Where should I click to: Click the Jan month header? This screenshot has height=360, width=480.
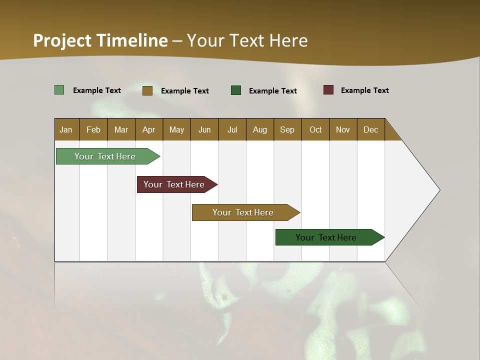tap(66, 129)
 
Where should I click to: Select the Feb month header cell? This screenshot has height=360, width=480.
tap(93, 129)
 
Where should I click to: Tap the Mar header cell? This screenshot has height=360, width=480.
tap(121, 129)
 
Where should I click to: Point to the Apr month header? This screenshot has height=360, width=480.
tap(149, 129)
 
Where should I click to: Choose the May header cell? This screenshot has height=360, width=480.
tap(176, 129)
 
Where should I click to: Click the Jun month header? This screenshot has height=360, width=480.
tap(204, 129)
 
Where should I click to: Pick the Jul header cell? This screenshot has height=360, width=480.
tap(232, 129)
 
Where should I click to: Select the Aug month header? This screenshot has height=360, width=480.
tap(260, 129)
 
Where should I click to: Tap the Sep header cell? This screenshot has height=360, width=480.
tap(287, 129)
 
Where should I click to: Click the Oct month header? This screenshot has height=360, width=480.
tap(315, 129)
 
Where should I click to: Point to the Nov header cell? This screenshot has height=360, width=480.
tap(343, 129)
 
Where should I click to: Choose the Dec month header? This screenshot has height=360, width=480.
tap(371, 129)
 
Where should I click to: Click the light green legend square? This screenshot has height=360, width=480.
tap(59, 90)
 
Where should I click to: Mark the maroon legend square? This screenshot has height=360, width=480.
tap(328, 90)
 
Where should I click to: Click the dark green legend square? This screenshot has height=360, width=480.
tap(236, 90)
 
